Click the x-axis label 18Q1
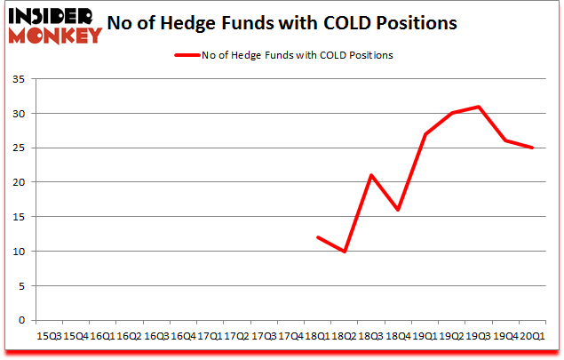318,336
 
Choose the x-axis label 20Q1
533,336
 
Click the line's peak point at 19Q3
481,107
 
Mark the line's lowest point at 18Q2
346,251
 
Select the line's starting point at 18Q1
318,237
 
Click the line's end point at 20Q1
533,148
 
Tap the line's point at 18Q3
372,175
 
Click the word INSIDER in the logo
56,17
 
